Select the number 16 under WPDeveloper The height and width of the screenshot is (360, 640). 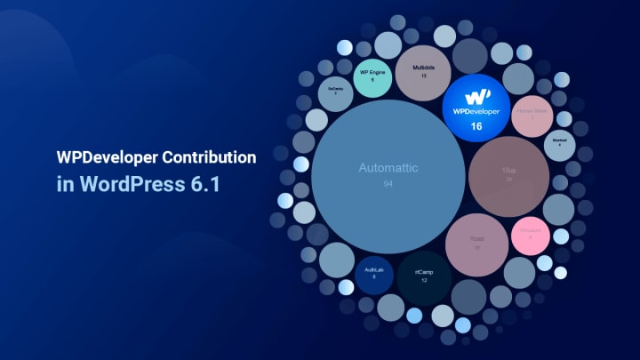476,127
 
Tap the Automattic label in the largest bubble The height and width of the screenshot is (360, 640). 387,167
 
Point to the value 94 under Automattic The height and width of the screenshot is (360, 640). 388,183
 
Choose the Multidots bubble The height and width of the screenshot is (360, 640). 424,71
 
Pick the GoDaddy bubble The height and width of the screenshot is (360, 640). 335,93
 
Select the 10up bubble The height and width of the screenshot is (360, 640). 508,172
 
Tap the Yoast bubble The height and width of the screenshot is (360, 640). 476,242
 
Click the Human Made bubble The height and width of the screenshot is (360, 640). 532,114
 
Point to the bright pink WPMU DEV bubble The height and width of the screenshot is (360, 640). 531,234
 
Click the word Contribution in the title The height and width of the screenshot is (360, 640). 205,157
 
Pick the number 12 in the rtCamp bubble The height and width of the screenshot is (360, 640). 423,281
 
